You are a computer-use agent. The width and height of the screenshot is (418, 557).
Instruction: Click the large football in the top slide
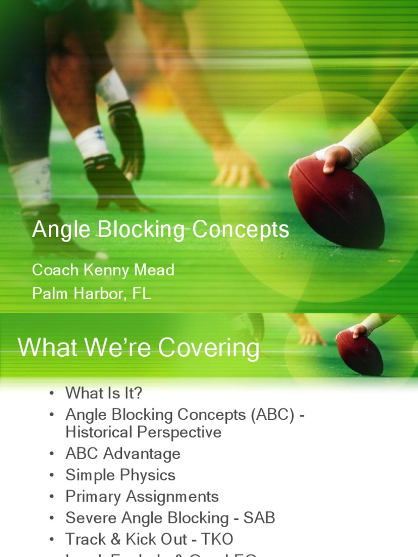pos(337,201)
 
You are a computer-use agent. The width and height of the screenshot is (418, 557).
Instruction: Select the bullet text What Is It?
pos(104,393)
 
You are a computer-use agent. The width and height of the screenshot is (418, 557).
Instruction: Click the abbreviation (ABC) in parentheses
pos(271,414)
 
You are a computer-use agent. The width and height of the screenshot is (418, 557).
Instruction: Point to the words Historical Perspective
pos(143,432)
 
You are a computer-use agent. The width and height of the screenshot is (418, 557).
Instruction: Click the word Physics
pos(149,475)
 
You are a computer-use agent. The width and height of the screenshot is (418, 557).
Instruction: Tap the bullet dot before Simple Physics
pos(52,475)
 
